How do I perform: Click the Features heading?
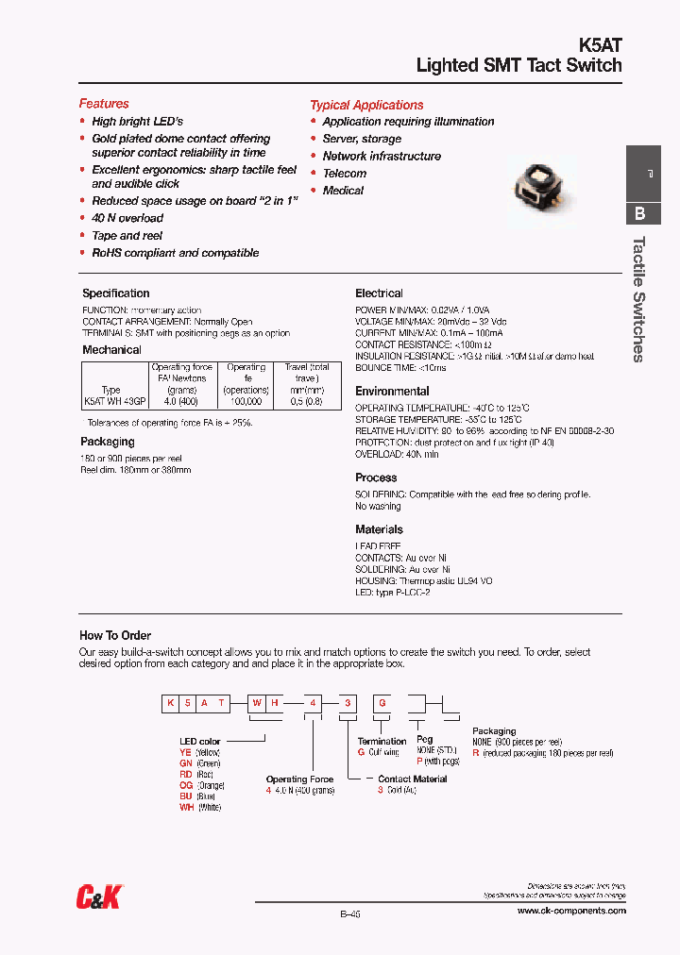tap(104, 104)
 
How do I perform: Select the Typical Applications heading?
tap(366, 105)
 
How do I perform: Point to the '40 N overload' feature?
tap(127, 218)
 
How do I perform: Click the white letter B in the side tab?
tap(640, 213)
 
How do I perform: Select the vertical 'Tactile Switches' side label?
tap(638, 298)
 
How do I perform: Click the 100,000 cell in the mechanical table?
tap(246, 401)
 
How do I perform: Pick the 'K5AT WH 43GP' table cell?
tap(110, 401)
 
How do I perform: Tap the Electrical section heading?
tap(379, 293)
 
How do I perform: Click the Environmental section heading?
tap(392, 391)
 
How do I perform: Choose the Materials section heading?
tap(379, 529)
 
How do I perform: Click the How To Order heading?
tap(115, 635)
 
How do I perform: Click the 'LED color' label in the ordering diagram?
tap(200, 742)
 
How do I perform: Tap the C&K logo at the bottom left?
tap(100, 897)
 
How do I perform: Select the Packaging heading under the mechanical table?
tap(108, 442)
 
